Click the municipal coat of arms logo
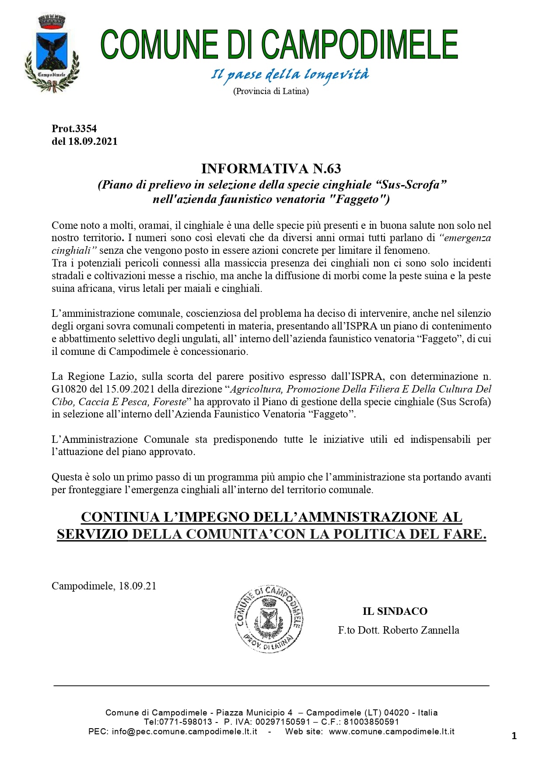pos(52,53)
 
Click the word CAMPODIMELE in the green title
pos(359,45)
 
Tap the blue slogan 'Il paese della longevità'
pos(290,75)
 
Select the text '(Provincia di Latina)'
pos(271,91)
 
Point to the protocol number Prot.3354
pos(74,129)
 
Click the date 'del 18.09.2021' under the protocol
pos(84,141)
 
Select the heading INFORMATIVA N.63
pos(271,168)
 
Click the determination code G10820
pos(69,389)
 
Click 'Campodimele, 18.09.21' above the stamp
pos(104,586)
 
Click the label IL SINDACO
pos(395,611)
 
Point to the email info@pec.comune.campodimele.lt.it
pos(184,731)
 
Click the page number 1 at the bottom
pos(514,736)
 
